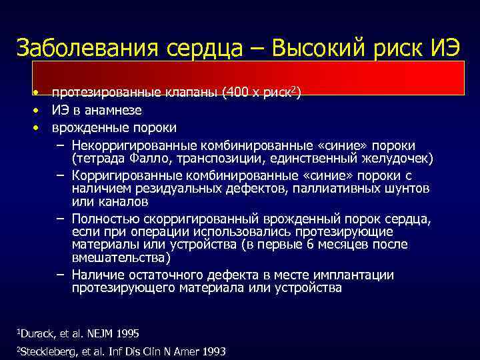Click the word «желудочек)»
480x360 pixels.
point(399,157)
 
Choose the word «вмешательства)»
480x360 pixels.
point(121,257)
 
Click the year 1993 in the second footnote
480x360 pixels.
point(211,351)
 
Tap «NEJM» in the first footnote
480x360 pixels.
point(107,333)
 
